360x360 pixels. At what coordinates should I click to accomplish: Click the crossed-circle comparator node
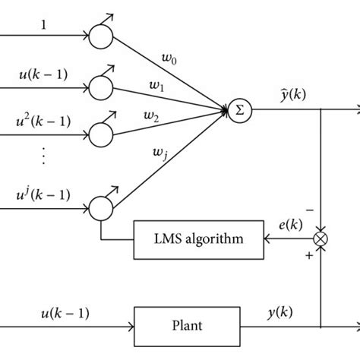click(x=322, y=239)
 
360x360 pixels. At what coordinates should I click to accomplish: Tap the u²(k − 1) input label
click(x=43, y=120)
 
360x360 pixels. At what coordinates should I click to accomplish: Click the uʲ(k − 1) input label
click(x=43, y=194)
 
